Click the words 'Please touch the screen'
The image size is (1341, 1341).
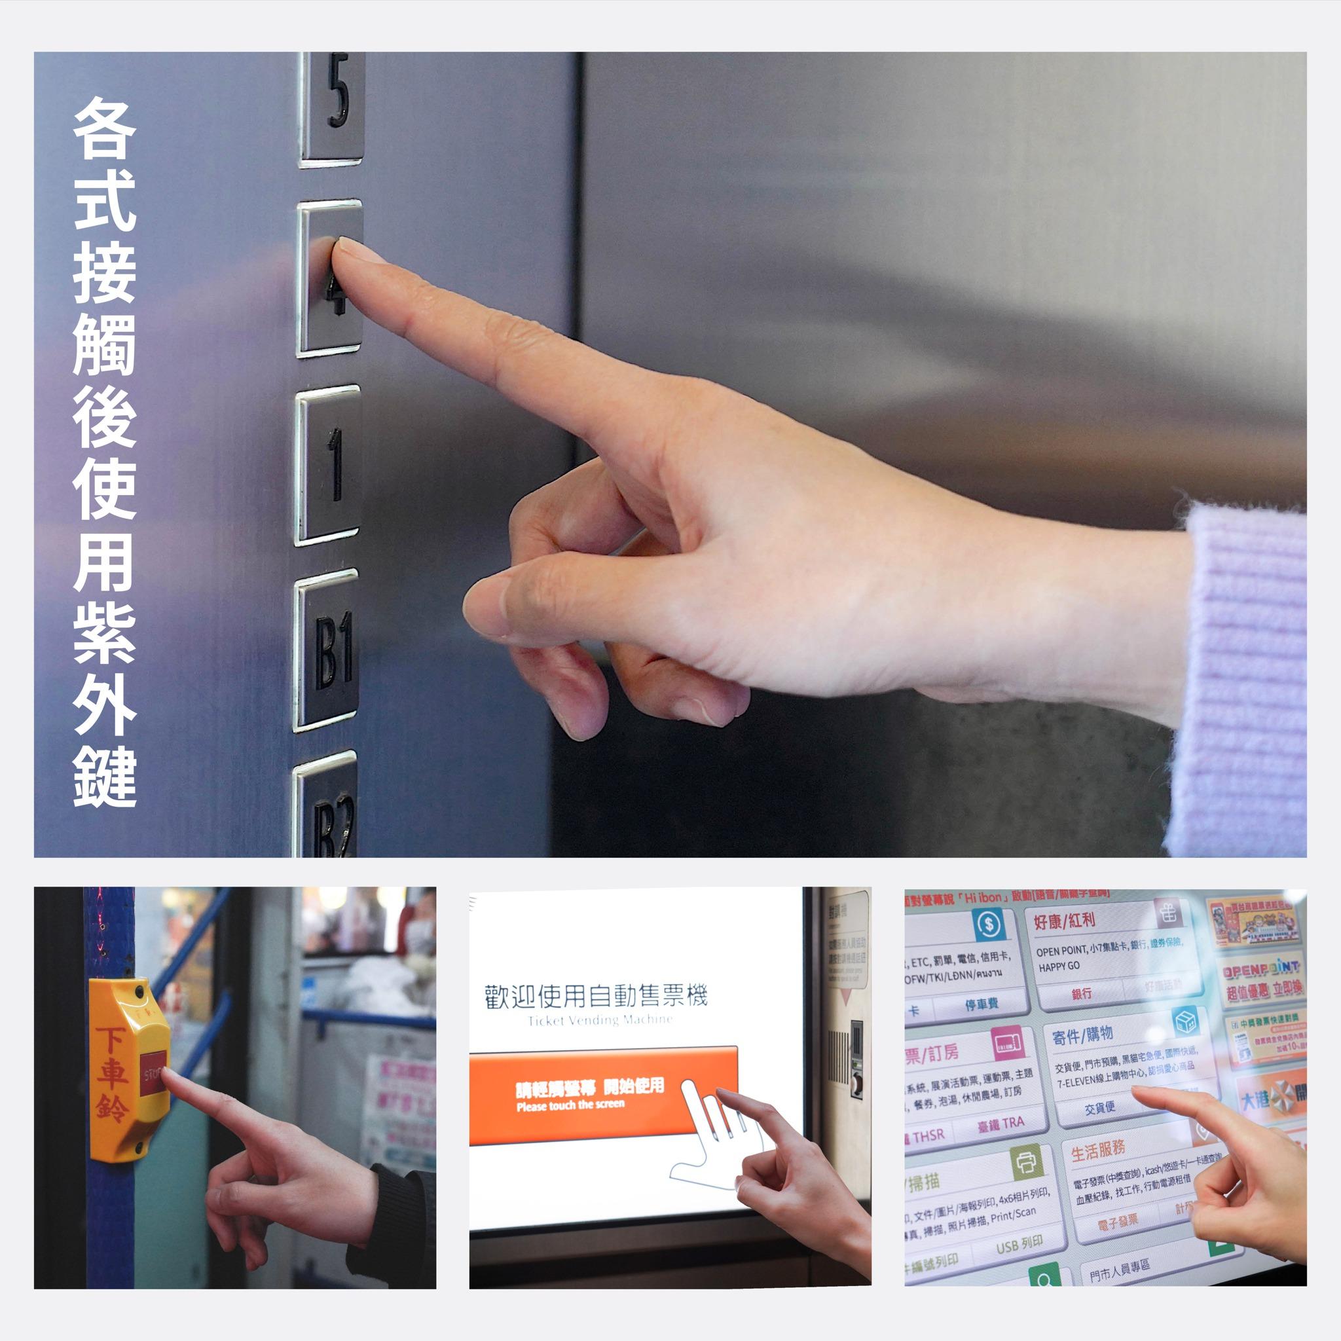pos(570,1105)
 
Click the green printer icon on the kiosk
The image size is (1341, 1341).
pos(1027,1163)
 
